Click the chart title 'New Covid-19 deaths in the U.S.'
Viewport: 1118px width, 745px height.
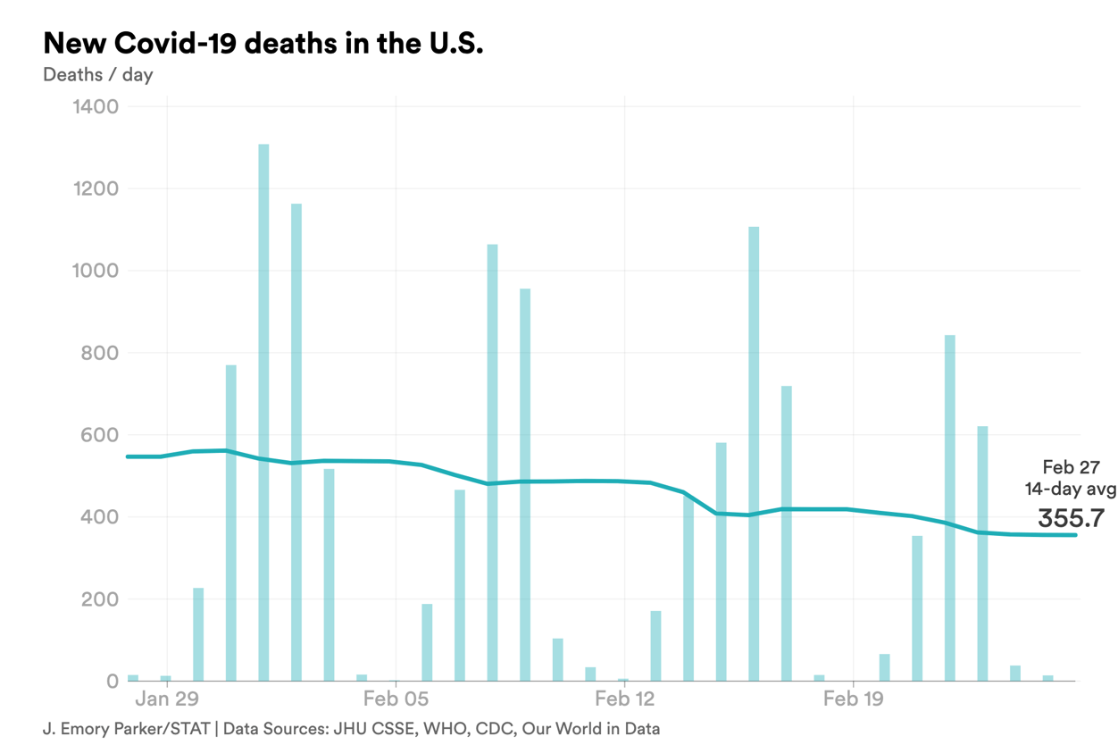tap(263, 43)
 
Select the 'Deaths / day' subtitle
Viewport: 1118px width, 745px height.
tap(98, 75)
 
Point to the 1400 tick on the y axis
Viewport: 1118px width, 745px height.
tap(94, 107)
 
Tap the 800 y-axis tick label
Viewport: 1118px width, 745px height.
tap(100, 353)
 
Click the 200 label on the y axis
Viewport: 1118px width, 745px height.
tap(100, 599)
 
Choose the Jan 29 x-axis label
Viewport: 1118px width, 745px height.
tap(167, 699)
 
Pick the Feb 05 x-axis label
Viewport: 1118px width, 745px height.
tap(396, 699)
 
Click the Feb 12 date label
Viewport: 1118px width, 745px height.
tap(624, 699)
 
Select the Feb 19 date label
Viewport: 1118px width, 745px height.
tap(853, 699)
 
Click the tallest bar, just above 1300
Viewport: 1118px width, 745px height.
tap(263, 411)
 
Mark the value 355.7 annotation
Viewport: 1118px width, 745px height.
tap(1071, 518)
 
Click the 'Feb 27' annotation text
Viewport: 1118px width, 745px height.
tap(1071, 467)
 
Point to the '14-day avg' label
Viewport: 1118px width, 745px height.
tap(1071, 489)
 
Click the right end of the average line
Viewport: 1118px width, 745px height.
tap(1075, 535)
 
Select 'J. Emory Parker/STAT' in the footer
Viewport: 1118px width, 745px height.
tap(125, 729)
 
